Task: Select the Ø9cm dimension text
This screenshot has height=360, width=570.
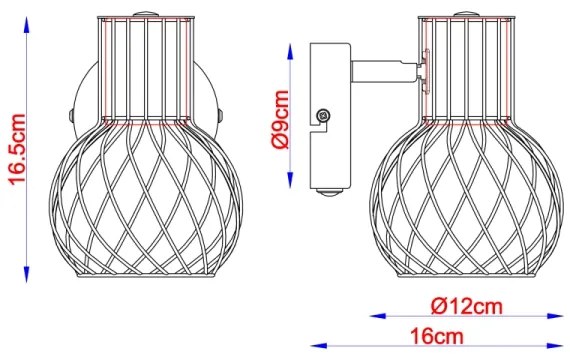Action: click(282, 119)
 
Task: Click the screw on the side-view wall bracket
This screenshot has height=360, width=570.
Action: click(323, 117)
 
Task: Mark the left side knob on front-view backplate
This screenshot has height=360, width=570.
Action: click(73, 113)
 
